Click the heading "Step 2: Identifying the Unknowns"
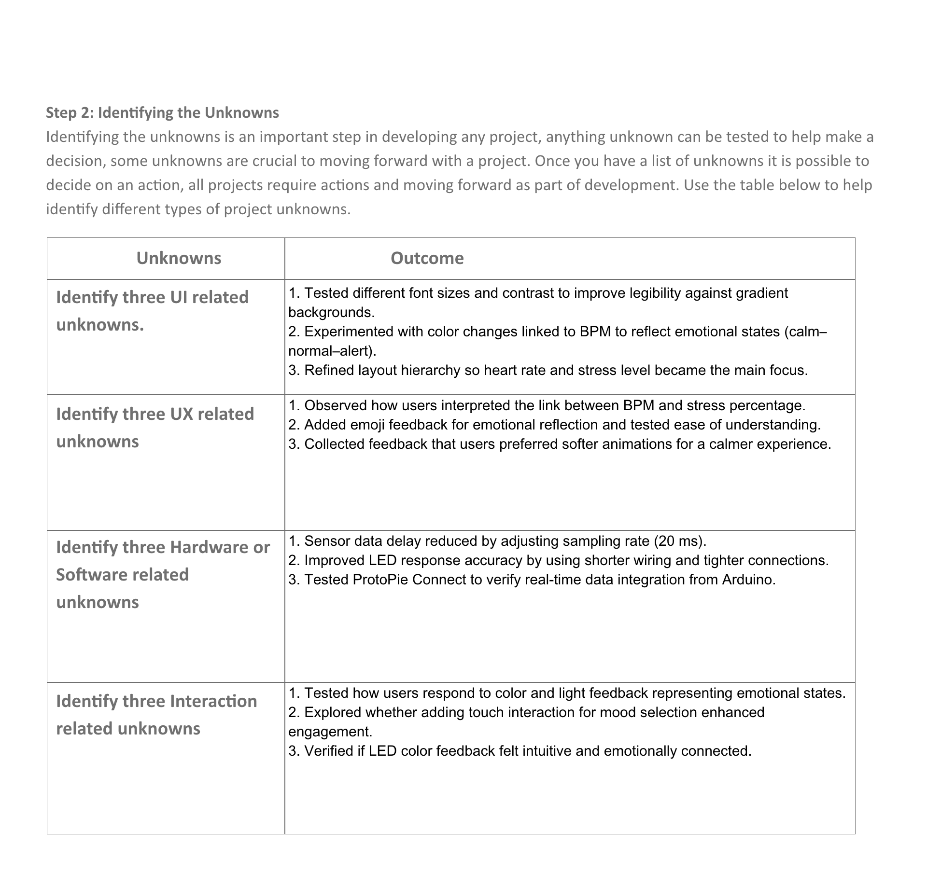coord(162,112)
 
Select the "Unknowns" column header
coord(179,258)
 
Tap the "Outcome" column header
coord(427,258)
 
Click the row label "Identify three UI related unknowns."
coord(152,311)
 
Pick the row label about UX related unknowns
coord(154,428)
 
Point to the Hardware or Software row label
coord(163,574)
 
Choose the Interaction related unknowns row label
coord(156,714)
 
